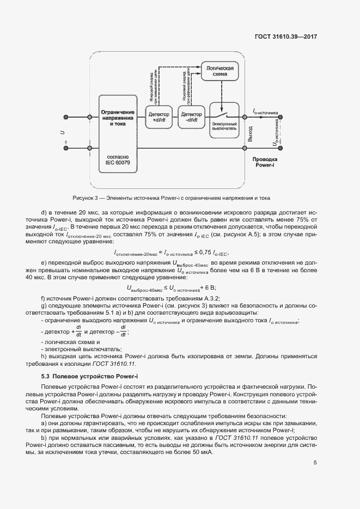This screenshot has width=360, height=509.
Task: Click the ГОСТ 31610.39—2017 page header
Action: [285, 36]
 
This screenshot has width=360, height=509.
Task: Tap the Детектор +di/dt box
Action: [158, 118]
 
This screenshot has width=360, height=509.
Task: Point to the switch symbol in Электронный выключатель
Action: [222, 116]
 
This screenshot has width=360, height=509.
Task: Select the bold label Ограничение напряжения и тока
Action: [118, 118]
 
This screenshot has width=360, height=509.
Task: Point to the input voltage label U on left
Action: [62, 132]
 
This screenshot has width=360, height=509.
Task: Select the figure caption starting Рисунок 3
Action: [171, 198]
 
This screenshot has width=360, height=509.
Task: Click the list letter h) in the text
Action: [43, 356]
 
